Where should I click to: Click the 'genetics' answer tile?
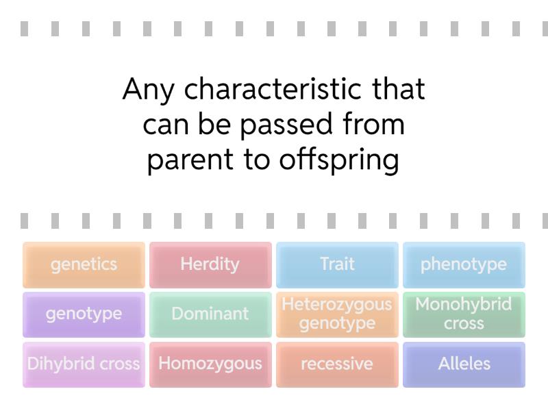[84, 264]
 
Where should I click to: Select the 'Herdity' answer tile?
[210, 264]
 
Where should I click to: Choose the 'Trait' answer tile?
[337, 264]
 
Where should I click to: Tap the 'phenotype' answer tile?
[464, 264]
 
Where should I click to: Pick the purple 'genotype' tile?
[84, 314]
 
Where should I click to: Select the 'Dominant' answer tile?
[210, 314]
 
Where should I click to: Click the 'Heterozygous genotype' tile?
[337, 314]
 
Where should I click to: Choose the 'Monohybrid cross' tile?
[464, 314]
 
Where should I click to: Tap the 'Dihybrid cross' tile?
[84, 364]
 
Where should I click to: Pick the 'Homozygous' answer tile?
[210, 364]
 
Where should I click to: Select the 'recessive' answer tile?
[337, 364]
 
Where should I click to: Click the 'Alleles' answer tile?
[464, 364]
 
